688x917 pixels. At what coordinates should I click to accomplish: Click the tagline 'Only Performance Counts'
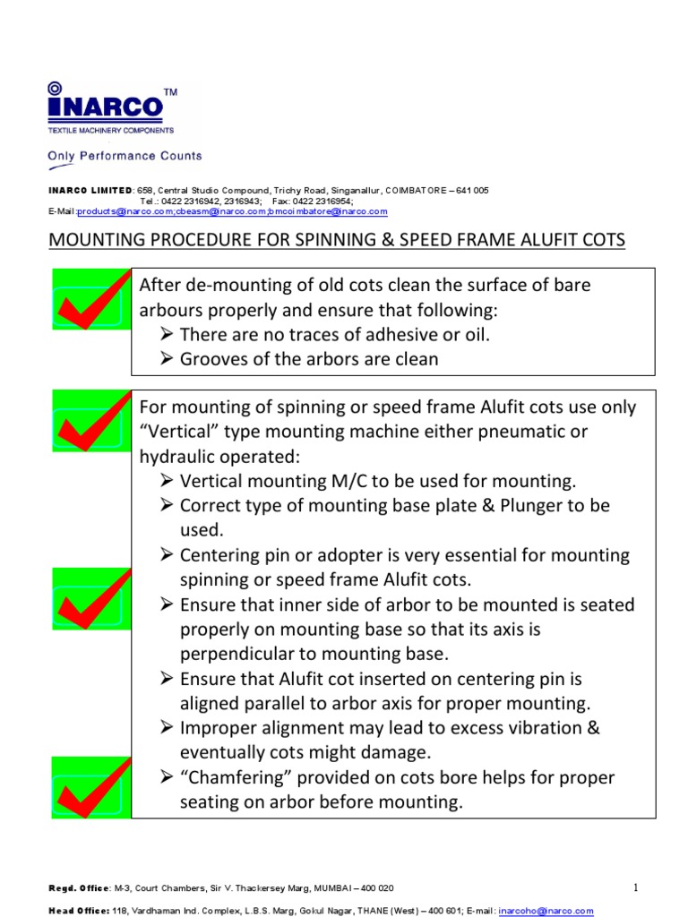[x=125, y=156]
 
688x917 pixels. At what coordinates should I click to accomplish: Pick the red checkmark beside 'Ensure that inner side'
[x=90, y=599]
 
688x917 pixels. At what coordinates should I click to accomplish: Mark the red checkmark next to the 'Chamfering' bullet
[x=90, y=787]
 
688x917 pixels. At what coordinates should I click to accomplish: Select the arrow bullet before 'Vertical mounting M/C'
[x=167, y=481]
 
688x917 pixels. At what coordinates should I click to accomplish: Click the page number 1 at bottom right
[x=634, y=887]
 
